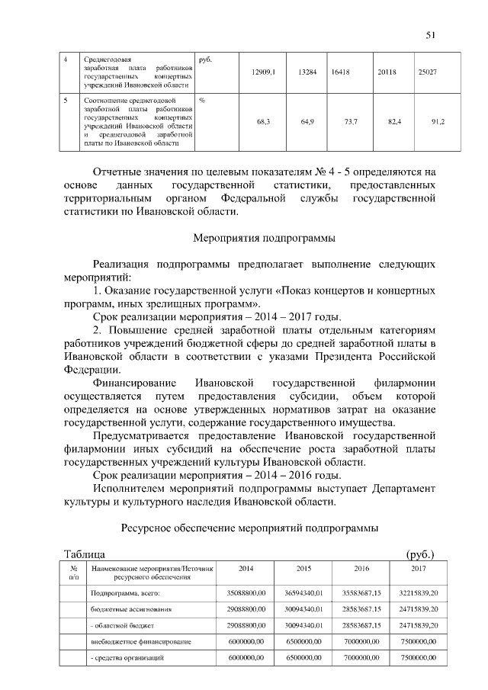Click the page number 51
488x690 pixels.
point(431,34)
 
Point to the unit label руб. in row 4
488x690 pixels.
point(204,58)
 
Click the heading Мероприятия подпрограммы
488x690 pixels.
point(264,239)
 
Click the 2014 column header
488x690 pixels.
point(246,569)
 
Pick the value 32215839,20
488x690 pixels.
point(418,592)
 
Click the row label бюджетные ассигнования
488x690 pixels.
point(130,609)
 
